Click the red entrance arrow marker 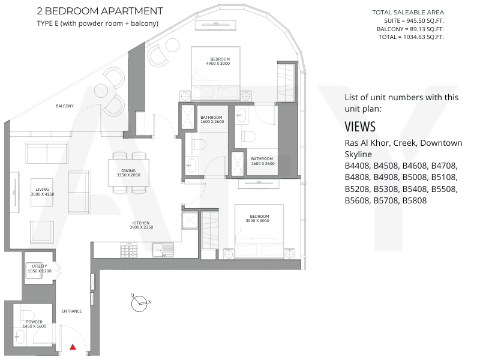pos(73,347)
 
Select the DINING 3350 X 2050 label pos(128,173)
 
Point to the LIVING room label pos(42,191)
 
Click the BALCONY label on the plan pos(65,106)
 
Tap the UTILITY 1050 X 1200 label pos(40,268)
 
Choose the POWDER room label pos(34,324)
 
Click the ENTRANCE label pos(71,311)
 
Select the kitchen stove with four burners pos(129,250)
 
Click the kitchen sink pos(163,250)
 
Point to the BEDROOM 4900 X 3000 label pos(218,61)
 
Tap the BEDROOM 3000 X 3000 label pos(258,218)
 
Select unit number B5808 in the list pos(415,200)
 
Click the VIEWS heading pos(360,127)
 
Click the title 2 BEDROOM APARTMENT pos(100,11)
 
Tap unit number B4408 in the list pos(358,166)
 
